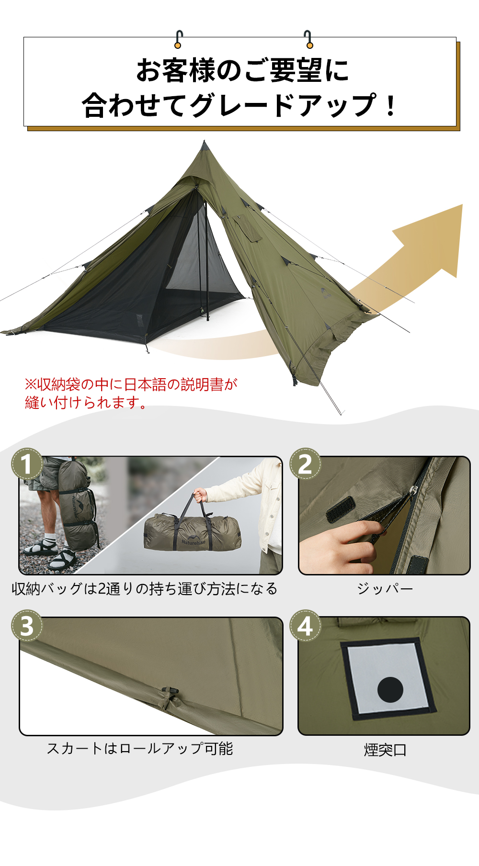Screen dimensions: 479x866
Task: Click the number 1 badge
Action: click(x=27, y=463)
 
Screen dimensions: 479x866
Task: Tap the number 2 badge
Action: click(x=305, y=463)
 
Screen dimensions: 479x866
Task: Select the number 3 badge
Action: click(x=27, y=625)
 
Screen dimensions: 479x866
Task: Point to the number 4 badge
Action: click(x=305, y=625)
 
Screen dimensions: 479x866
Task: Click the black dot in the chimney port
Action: click(x=390, y=690)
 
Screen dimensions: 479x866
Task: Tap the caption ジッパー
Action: click(x=385, y=588)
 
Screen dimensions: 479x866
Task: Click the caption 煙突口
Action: click(x=385, y=750)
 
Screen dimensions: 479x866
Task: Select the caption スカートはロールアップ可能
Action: click(x=140, y=748)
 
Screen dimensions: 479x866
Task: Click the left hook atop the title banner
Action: click(x=178, y=39)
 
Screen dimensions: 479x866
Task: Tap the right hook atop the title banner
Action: click(x=308, y=39)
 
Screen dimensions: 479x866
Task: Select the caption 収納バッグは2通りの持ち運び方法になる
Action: click(x=145, y=588)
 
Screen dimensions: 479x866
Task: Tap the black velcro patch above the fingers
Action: click(x=341, y=509)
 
